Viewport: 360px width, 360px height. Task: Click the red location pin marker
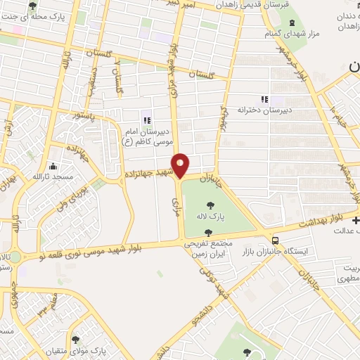click(x=181, y=165)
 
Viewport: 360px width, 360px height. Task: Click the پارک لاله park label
click(x=211, y=217)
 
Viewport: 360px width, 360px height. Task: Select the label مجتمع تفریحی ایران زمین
click(x=207, y=245)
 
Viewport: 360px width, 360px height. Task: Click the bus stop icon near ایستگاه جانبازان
click(x=266, y=237)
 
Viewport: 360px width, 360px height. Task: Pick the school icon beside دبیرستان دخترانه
click(x=265, y=100)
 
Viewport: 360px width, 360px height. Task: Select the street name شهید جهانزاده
click(x=150, y=172)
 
